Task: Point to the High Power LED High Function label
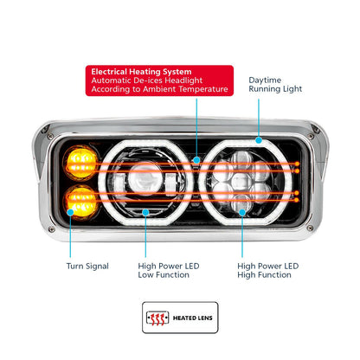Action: [268, 270]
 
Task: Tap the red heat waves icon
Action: [158, 318]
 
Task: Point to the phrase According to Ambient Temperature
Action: [160, 89]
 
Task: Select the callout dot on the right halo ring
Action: [259, 138]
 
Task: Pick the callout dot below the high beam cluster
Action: [243, 209]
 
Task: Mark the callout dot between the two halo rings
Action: [197, 159]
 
